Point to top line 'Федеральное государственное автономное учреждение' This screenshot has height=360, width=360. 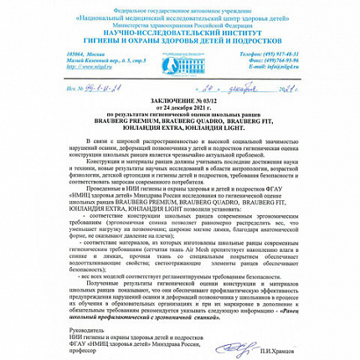(x=180, y=8)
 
